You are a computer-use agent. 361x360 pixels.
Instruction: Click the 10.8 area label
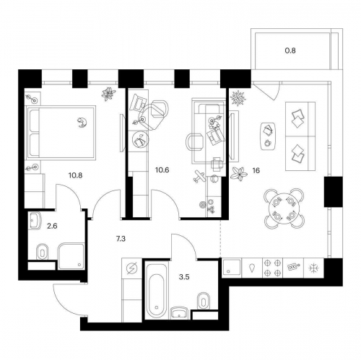click(x=75, y=175)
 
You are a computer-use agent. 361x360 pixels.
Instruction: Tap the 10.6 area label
click(x=162, y=170)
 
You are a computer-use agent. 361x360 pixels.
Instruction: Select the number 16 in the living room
click(x=256, y=170)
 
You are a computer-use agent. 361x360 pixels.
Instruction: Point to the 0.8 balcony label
click(x=290, y=51)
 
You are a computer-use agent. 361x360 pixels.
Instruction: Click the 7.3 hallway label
click(x=121, y=239)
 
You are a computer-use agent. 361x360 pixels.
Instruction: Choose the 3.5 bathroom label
click(x=184, y=277)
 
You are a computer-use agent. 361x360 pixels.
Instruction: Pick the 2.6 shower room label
click(x=52, y=226)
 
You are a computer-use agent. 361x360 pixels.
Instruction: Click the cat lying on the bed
click(x=82, y=123)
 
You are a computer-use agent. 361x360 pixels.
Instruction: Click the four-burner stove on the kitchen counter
click(x=272, y=268)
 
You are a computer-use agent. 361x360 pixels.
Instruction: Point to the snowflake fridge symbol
click(x=314, y=268)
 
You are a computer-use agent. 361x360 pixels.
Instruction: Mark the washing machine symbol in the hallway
click(x=132, y=268)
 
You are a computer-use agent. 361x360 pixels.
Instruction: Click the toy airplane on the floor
click(x=199, y=177)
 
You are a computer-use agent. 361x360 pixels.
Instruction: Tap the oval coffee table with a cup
click(x=269, y=136)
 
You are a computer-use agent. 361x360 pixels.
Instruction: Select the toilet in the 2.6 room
click(x=43, y=252)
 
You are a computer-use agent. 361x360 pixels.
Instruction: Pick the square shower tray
click(x=71, y=256)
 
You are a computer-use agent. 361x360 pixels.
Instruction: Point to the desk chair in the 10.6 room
click(x=194, y=142)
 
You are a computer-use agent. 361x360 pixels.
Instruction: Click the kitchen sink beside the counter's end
click(x=232, y=268)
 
